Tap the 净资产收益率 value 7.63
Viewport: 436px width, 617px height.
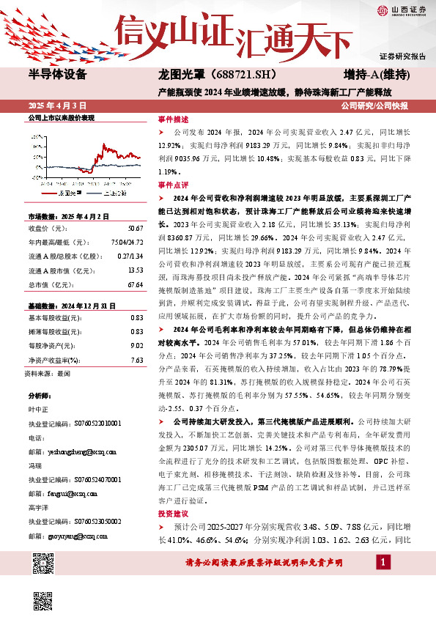point(136,339)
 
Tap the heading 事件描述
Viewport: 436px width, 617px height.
point(174,119)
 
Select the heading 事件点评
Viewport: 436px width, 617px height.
point(174,185)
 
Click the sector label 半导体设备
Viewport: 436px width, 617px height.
point(57,75)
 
